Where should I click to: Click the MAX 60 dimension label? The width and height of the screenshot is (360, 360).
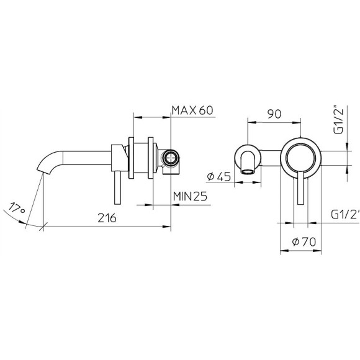(x=192, y=110)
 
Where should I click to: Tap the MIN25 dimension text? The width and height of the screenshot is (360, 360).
(x=190, y=196)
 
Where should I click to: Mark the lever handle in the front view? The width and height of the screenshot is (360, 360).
(x=302, y=190)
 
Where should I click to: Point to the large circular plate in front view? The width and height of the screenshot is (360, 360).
(x=302, y=158)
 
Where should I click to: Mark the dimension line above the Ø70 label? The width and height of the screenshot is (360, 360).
(x=302, y=250)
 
